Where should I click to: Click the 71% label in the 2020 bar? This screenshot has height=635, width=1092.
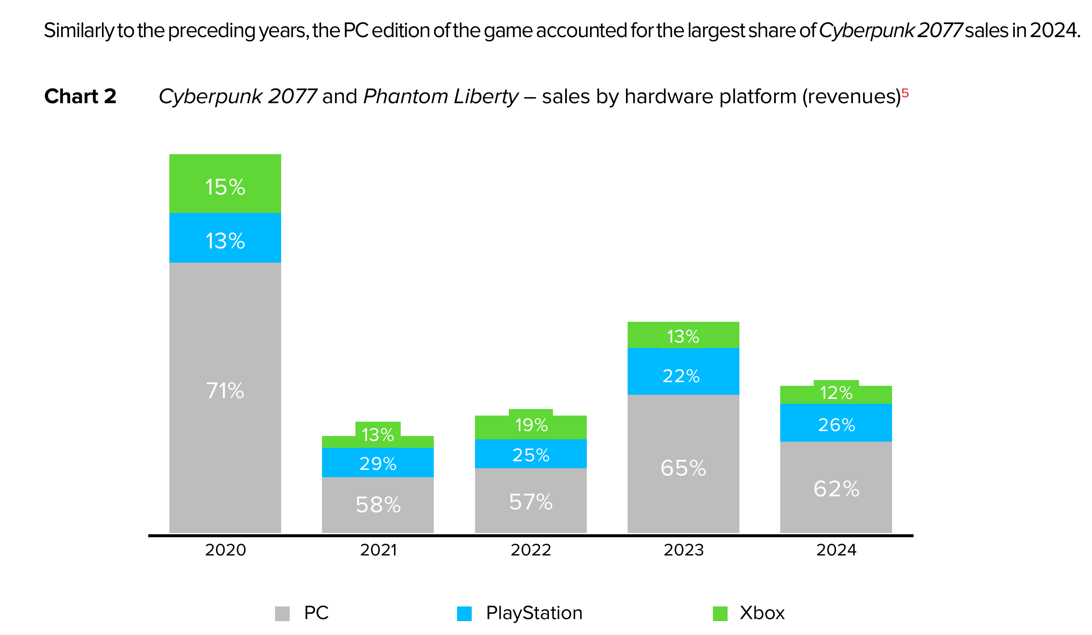(x=225, y=391)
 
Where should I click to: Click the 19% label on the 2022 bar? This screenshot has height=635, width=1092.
(x=531, y=425)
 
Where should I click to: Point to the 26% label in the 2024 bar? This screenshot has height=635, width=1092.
(x=836, y=425)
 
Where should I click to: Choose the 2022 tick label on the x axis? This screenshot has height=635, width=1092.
(x=531, y=550)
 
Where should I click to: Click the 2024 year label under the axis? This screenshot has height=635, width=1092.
(x=836, y=550)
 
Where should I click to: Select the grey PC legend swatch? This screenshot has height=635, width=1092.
(x=282, y=613)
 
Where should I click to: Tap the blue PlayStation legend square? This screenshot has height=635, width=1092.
(x=464, y=613)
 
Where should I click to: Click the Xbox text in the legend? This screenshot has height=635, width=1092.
(x=762, y=613)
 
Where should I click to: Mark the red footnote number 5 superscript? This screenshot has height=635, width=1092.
(x=905, y=93)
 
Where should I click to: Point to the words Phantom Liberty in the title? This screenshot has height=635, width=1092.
(x=440, y=96)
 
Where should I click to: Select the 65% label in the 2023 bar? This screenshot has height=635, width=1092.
(x=684, y=468)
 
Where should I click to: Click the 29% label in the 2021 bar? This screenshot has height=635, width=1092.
(x=378, y=464)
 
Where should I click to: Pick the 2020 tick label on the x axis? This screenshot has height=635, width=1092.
(x=225, y=550)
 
